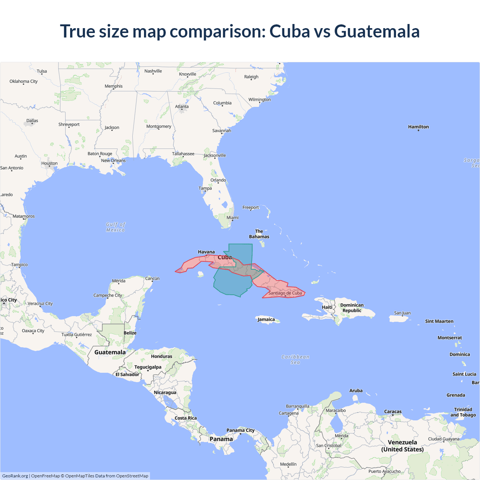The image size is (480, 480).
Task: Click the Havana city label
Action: click(x=206, y=252)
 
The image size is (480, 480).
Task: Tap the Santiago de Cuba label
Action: click(x=285, y=293)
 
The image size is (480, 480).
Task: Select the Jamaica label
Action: click(x=266, y=319)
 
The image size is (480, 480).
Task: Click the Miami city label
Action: click(x=232, y=217)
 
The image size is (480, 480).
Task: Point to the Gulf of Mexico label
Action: click(x=115, y=227)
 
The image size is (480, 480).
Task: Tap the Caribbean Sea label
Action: click(x=295, y=360)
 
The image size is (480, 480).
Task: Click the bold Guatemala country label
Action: click(x=110, y=352)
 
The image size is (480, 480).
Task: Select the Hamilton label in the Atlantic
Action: click(x=418, y=127)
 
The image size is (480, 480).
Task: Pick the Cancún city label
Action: click(x=152, y=278)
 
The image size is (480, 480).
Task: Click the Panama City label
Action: click(x=240, y=430)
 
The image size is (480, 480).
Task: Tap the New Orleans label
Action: click(x=113, y=160)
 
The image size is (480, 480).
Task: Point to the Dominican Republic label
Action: click(x=352, y=308)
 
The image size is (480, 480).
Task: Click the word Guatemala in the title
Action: click(x=376, y=31)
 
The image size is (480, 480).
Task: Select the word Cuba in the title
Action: click(x=289, y=31)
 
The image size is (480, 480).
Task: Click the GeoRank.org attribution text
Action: click(x=15, y=476)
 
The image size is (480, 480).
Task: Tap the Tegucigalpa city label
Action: click(x=148, y=367)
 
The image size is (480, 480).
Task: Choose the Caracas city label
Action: click(x=393, y=411)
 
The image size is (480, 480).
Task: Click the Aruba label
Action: click(x=356, y=390)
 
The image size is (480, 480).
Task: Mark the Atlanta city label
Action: click(x=182, y=106)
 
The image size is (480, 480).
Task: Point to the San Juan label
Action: click(x=402, y=313)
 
